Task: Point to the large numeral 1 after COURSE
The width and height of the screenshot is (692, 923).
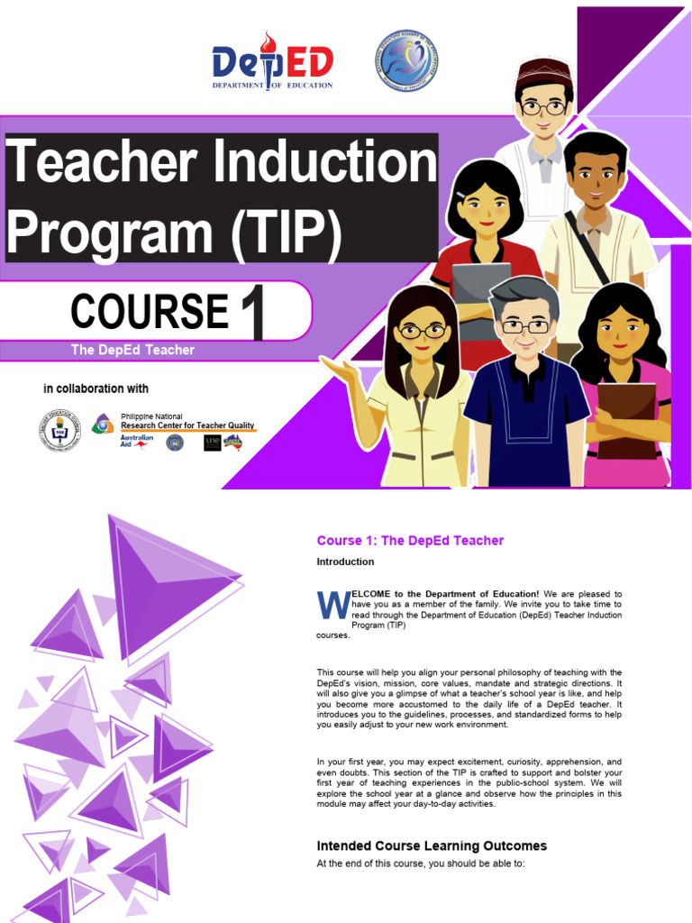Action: [253, 312]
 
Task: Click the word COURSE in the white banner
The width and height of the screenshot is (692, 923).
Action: [150, 312]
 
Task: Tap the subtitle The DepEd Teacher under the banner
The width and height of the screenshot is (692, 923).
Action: [132, 350]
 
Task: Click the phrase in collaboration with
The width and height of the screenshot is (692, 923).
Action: [96, 389]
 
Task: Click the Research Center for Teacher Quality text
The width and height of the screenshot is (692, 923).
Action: [187, 425]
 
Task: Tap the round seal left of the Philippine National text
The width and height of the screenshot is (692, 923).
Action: [59, 430]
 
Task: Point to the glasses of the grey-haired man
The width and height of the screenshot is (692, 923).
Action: [525, 326]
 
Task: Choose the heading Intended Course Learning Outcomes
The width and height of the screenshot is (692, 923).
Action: [432, 846]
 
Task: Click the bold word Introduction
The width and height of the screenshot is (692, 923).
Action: [345, 562]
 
